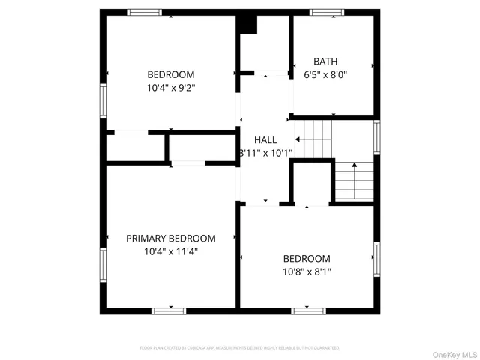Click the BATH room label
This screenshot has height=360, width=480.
tap(325, 61)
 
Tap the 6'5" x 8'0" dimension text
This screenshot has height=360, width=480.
tap(325, 75)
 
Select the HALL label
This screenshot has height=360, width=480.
tap(265, 140)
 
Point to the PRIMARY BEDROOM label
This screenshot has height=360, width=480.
tap(170, 238)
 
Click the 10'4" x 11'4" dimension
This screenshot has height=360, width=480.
tap(170, 252)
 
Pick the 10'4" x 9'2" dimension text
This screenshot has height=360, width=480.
tap(170, 88)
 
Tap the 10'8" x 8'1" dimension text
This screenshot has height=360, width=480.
tap(306, 271)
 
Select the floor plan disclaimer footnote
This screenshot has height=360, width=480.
tap(239, 348)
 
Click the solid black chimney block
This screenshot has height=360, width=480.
tap(247, 23)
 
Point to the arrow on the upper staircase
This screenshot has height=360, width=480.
tap(300, 139)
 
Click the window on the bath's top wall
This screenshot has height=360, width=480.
tap(327, 12)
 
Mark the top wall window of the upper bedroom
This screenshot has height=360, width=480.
tap(144, 12)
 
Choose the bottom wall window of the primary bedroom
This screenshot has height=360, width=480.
tap(169, 310)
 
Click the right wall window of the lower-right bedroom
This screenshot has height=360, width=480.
tap(376, 256)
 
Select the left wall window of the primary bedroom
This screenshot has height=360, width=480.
tap(103, 264)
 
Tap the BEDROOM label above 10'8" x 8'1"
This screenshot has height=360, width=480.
tap(306, 258)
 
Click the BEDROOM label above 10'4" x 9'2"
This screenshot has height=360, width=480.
tap(170, 74)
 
